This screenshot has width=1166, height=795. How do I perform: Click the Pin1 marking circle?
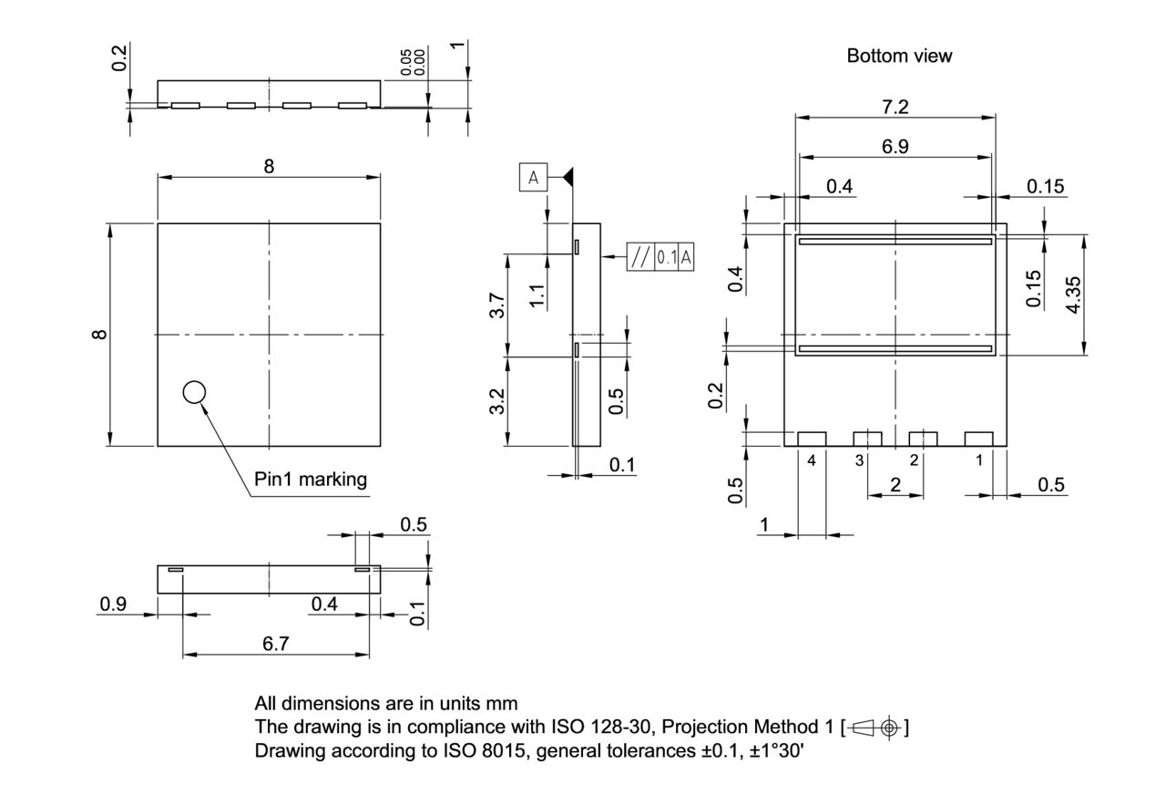point(194,392)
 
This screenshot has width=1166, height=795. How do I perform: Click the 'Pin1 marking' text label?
point(311,479)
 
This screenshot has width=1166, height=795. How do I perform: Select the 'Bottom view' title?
point(899,56)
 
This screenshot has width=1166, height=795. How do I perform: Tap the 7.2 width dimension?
point(895,107)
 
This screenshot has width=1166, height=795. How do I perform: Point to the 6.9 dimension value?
point(895,147)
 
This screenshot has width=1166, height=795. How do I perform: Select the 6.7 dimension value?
point(275,644)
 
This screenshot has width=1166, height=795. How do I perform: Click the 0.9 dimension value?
point(113,604)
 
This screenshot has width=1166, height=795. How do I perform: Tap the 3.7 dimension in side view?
point(497,305)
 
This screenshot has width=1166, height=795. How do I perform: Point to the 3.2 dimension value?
point(497,401)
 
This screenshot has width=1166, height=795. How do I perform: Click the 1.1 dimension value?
point(537,295)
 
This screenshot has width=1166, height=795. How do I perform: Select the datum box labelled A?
point(534,178)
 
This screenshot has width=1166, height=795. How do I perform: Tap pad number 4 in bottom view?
point(812,439)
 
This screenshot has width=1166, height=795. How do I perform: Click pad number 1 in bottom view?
point(979,439)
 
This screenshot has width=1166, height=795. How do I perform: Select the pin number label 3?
point(859,460)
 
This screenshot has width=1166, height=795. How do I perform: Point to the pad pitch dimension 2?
point(895,485)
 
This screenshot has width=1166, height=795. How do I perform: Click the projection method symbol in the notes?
point(875,728)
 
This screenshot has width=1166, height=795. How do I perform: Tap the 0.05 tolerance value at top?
point(406,64)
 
